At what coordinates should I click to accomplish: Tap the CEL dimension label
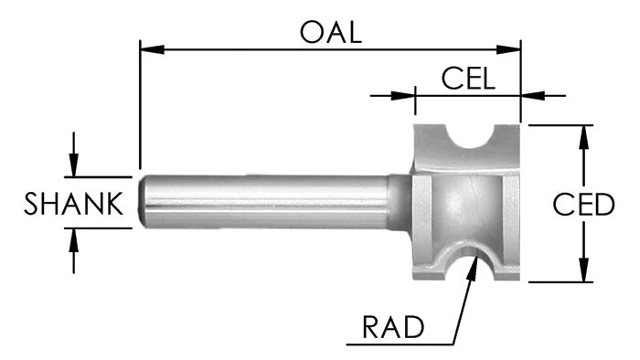tap(468, 77)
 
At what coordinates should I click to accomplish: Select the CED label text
tap(583, 205)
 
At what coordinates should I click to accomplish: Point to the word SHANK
tap(73, 204)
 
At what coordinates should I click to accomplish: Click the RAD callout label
tap(390, 324)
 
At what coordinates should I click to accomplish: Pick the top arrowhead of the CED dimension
tap(582, 133)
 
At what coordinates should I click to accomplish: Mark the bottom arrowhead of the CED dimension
tap(582, 272)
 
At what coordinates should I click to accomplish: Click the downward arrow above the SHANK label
tap(74, 166)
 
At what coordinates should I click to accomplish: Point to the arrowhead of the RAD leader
tap(473, 261)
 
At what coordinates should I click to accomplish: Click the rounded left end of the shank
tap(144, 202)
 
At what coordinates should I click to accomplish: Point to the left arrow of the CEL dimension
tap(407, 93)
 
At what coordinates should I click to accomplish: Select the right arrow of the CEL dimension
tap(529, 93)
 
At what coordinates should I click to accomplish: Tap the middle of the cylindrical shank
tap(265, 202)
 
